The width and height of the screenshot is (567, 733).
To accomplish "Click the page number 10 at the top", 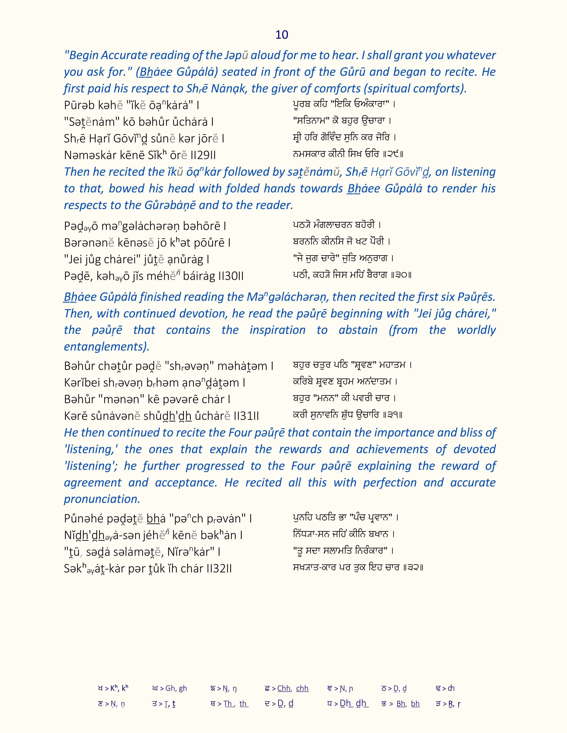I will click(x=281, y=35).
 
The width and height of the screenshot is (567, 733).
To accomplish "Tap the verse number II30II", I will click(x=231, y=276).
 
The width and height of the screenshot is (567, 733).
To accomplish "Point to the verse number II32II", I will click(x=218, y=569).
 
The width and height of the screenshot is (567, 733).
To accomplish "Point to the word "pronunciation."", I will click(x=102, y=499).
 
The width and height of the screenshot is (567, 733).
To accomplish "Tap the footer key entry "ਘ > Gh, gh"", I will click(x=169, y=688).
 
